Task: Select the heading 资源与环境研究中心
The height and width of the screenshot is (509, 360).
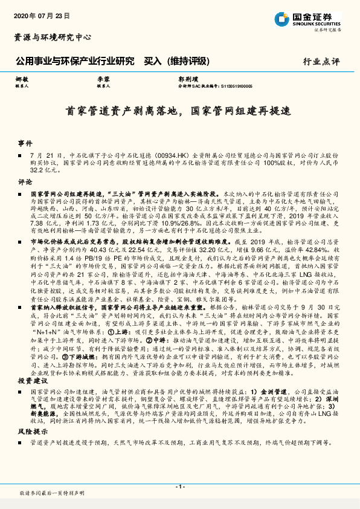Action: click(53, 37)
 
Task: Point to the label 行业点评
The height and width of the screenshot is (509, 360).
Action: click(321, 62)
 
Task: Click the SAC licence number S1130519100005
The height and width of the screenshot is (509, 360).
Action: click(233, 86)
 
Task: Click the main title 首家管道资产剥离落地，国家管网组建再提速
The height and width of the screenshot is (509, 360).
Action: click(179, 111)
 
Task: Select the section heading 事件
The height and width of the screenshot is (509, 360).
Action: click(25, 143)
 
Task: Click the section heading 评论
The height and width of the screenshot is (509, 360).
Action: click(25, 181)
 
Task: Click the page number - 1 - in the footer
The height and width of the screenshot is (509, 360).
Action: click(179, 487)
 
